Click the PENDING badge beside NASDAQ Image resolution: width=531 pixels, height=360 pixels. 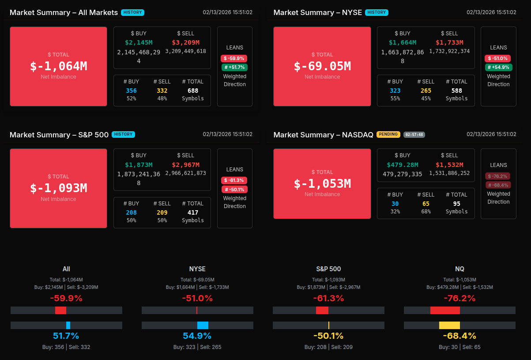388,134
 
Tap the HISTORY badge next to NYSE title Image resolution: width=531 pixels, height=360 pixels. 377,12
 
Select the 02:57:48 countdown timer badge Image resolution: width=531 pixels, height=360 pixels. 414,134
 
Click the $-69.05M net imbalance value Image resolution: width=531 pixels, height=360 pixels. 322,66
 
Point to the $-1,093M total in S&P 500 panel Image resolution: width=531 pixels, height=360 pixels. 58,188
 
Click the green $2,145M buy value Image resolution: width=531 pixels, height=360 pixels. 139,42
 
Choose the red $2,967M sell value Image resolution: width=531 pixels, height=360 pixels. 185,165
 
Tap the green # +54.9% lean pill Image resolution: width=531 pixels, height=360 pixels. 498,67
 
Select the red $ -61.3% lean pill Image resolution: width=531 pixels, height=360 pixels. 234,180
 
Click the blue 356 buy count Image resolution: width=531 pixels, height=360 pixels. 131,91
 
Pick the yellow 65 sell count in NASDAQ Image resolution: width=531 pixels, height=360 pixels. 426,204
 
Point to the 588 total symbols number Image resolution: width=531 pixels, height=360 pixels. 456,91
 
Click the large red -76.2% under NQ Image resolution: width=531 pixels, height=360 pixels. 459,298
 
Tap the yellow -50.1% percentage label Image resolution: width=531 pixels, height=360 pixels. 328,336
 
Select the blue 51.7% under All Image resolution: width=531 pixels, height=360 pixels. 66,336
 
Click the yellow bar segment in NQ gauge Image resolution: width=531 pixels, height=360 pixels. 449,325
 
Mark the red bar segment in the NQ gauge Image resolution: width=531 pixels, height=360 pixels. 445,310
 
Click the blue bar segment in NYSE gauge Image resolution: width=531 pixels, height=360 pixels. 203,325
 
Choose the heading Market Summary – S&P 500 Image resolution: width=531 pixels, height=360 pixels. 59,135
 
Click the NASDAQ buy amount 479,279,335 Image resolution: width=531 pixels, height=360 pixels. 403,174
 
